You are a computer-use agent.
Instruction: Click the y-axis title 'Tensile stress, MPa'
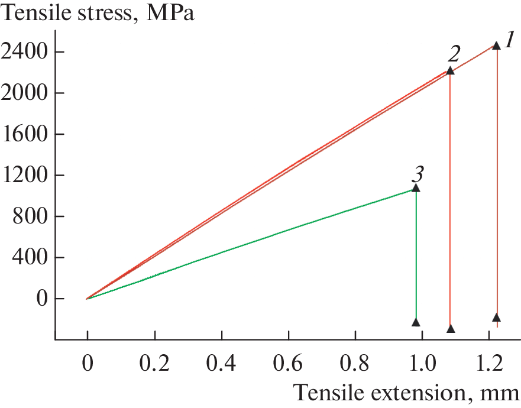[98, 13]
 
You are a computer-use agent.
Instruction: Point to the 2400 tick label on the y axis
[24, 52]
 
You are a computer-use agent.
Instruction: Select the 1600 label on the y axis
[24, 134]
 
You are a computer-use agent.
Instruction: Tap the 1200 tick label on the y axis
[24, 176]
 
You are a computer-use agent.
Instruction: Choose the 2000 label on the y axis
[24, 93]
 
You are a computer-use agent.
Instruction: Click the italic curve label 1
[509, 42]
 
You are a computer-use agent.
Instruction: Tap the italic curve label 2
[454, 55]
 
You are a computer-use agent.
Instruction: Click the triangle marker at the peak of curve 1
[497, 46]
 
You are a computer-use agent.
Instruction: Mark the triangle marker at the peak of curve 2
[450, 70]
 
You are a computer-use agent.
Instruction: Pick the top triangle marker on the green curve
[416, 188]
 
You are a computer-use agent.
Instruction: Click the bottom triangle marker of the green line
[416, 322]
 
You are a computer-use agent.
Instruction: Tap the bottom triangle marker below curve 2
[451, 328]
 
